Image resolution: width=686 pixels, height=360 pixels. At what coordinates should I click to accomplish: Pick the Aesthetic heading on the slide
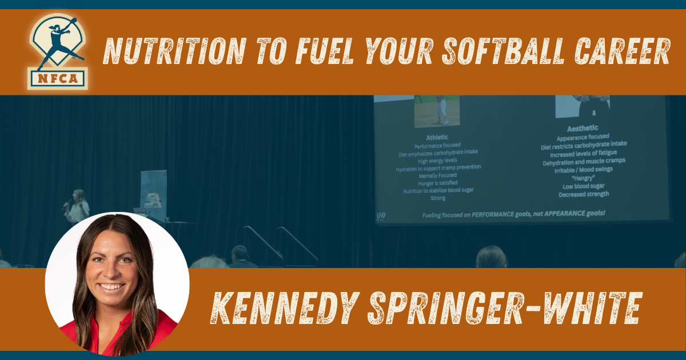583,129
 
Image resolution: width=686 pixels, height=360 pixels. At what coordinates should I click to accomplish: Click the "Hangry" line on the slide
583,178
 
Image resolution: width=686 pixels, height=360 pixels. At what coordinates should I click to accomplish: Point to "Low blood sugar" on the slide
583,186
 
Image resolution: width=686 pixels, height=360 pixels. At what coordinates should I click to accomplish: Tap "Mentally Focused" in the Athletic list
438,175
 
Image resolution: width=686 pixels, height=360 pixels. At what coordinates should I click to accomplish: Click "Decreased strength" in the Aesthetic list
583,194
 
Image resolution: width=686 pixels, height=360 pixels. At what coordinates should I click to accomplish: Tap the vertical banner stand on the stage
153,194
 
